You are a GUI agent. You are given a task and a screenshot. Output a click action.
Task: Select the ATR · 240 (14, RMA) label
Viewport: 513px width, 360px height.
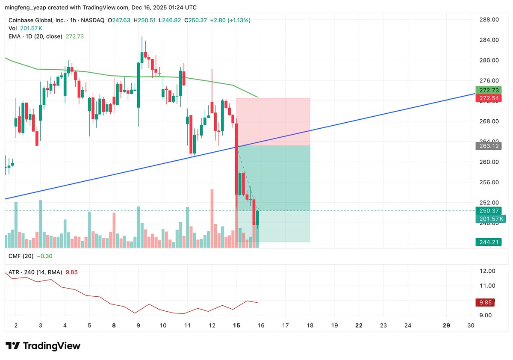[35, 272]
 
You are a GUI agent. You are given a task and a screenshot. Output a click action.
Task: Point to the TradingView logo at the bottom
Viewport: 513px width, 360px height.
[43, 346]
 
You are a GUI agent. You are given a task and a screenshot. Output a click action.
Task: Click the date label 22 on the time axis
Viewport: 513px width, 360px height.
[359, 325]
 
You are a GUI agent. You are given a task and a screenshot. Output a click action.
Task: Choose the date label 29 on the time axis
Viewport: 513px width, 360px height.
[446, 325]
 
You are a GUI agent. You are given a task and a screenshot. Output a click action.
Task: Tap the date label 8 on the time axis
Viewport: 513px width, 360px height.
[114, 325]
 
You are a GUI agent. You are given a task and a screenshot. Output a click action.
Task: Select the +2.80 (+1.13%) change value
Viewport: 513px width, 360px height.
[230, 20]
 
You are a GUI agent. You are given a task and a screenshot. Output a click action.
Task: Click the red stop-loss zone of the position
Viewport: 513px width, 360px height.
[273, 122]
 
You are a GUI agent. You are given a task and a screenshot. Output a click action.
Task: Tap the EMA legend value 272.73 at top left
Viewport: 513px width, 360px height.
[74, 36]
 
